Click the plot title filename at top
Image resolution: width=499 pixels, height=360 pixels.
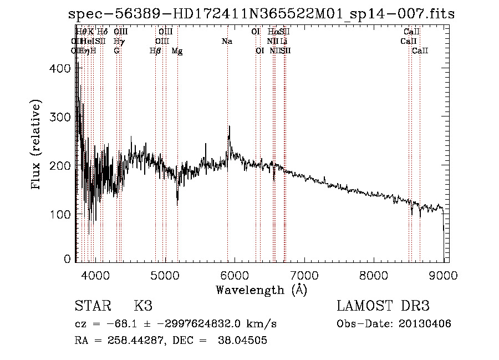(x=261, y=14)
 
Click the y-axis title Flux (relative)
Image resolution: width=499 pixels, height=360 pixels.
(x=37, y=146)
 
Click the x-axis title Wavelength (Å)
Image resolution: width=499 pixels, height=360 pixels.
(x=261, y=290)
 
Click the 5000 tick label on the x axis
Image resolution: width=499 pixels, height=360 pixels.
(x=165, y=276)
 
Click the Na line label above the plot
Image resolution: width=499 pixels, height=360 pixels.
(x=227, y=42)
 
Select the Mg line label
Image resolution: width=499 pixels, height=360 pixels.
(x=177, y=51)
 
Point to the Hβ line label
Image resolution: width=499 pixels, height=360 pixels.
(x=155, y=51)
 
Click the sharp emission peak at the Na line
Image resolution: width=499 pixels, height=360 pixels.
(x=229, y=127)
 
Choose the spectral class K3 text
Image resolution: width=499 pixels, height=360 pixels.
(x=143, y=306)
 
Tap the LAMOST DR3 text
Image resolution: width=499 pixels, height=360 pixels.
(x=383, y=306)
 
